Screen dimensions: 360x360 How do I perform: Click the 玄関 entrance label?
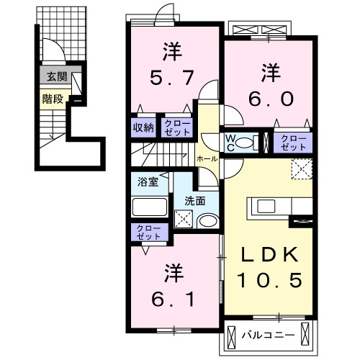tap(53, 76)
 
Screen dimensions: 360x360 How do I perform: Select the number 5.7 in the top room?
tap(171, 73)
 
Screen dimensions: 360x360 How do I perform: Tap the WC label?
tap(230, 140)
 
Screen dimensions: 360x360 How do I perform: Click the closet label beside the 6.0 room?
tap(292, 140)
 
